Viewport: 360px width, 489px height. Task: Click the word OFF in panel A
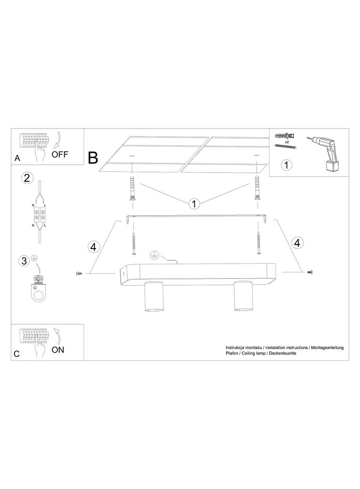click(60, 154)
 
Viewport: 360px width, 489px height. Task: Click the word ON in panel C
click(58, 350)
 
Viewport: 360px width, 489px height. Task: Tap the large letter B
click(93, 158)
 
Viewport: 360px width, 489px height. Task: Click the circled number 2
click(27, 178)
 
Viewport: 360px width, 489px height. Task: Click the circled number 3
click(24, 261)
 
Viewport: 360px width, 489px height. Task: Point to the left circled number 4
click(93, 247)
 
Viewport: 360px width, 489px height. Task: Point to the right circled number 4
click(297, 242)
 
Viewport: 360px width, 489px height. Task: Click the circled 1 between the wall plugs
click(194, 204)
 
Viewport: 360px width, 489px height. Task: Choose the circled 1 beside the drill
click(287, 165)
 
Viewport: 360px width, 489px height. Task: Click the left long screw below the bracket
click(134, 244)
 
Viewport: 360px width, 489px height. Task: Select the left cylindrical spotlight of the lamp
click(154, 296)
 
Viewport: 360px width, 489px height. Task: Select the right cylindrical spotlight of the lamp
click(243, 295)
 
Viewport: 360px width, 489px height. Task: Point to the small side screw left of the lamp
click(79, 273)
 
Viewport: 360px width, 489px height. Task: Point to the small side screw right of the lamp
click(310, 272)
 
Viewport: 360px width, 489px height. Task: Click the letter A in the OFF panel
click(17, 158)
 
